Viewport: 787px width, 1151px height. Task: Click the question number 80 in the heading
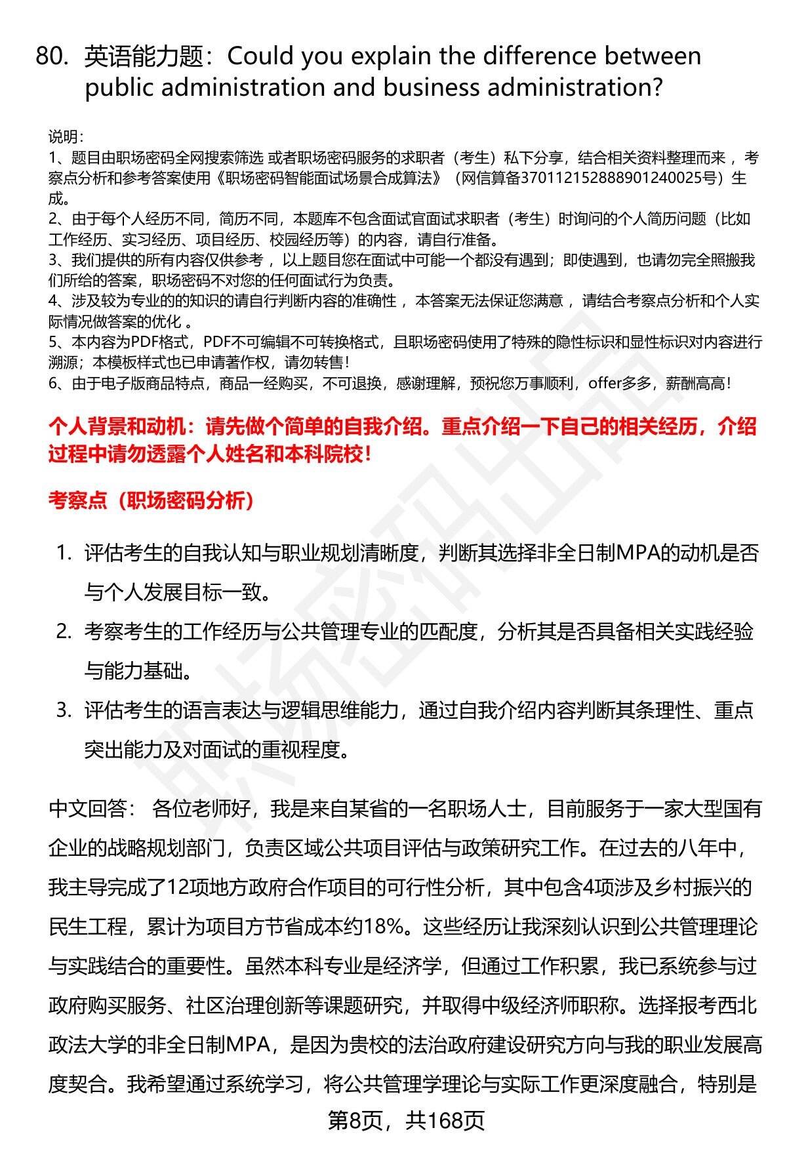pos(51,57)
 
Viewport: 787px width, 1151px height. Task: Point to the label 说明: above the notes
pos(65,137)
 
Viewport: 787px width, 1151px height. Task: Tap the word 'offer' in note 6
pos(604,383)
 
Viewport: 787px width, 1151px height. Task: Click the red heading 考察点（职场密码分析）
pos(151,501)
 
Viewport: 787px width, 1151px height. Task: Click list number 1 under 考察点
pos(64,554)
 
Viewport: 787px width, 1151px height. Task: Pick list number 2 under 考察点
pos(64,632)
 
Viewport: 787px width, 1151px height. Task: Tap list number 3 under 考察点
pos(64,710)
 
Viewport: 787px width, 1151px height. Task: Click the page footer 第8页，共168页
pos(406,1121)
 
